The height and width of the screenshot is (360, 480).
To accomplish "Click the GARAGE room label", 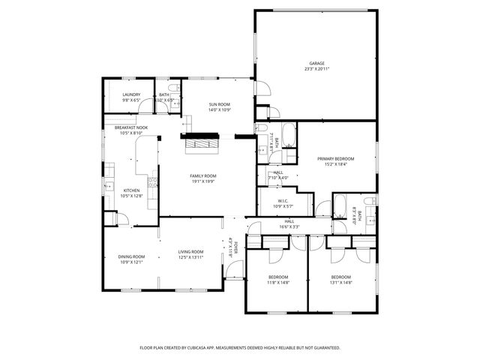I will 316,63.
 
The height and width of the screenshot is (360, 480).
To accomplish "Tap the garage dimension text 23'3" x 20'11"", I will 316,69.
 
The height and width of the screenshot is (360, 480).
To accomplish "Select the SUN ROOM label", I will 219,104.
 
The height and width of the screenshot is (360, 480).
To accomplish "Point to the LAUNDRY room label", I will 131,94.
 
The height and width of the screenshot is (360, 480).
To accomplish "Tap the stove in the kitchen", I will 154,180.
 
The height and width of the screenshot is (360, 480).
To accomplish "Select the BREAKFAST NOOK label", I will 130,127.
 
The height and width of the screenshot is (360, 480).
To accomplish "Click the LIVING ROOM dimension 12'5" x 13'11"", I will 190,258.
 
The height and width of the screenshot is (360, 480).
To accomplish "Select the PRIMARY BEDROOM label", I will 335,158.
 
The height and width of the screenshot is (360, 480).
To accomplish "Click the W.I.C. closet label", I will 283,200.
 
